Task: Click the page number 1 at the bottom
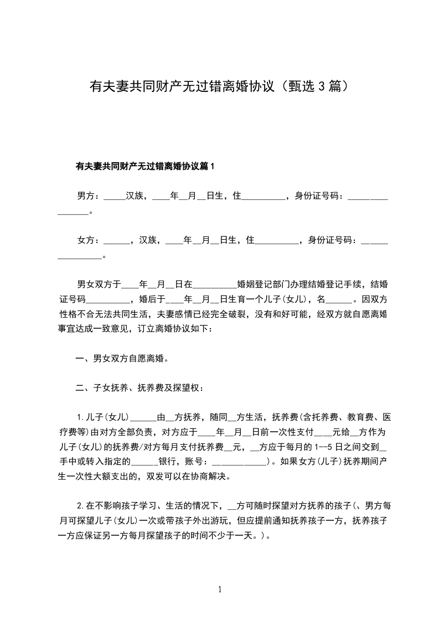click(220, 589)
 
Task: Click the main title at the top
click(219, 86)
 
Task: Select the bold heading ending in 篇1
click(144, 166)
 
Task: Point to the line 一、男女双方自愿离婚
click(122, 358)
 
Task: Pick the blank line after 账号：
click(239, 461)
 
